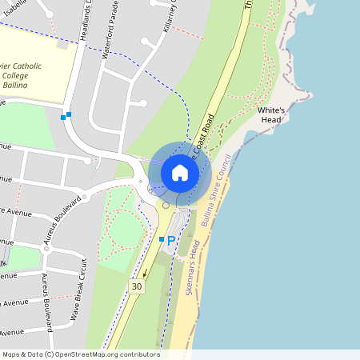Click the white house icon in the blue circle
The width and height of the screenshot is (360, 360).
[180, 173]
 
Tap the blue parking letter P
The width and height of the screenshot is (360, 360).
[171, 240]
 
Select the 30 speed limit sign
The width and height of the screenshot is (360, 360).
[137, 286]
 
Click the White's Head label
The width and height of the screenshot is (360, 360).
[270, 114]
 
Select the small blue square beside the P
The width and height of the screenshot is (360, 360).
[161, 239]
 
